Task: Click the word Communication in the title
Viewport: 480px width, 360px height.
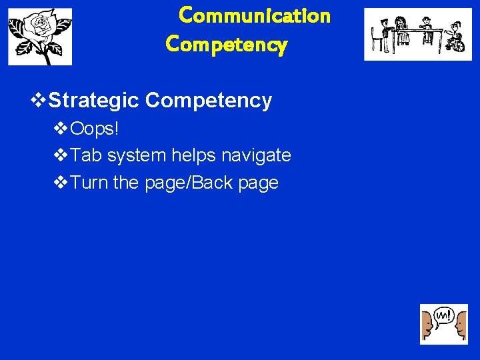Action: [x=255, y=15]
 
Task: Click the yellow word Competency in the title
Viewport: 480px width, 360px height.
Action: [x=227, y=45]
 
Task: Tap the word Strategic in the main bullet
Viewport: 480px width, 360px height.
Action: [x=94, y=101]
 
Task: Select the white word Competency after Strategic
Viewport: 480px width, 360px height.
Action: [x=209, y=101]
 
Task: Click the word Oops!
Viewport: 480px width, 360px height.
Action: [x=95, y=128]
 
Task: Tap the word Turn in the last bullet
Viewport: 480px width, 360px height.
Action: [x=89, y=183]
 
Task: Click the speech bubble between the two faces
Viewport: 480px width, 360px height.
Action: [x=443, y=315]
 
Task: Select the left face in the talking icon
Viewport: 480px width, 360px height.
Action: [x=427, y=327]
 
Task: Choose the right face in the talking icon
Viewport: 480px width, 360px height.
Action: [x=461, y=327]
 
